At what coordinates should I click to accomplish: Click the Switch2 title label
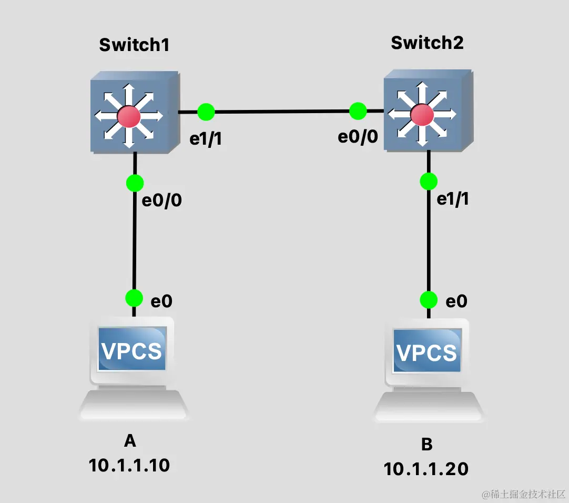pyautogui.click(x=427, y=42)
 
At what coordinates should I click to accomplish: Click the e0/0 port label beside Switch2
pyautogui.click(x=358, y=137)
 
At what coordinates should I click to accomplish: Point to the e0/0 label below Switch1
pyautogui.click(x=163, y=200)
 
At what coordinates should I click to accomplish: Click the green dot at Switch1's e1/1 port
pyautogui.click(x=206, y=112)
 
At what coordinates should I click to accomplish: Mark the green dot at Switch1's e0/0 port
pyautogui.click(x=135, y=183)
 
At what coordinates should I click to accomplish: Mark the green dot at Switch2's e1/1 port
pyautogui.click(x=429, y=182)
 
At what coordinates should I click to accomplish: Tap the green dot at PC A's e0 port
pyautogui.click(x=134, y=298)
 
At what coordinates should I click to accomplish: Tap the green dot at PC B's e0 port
pyautogui.click(x=429, y=300)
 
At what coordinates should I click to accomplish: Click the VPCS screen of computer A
pyautogui.click(x=132, y=350)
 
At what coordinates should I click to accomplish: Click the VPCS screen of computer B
pyautogui.click(x=426, y=351)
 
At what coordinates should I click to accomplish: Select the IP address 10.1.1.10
pyautogui.click(x=129, y=465)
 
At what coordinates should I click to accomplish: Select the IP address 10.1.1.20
pyautogui.click(x=426, y=468)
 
